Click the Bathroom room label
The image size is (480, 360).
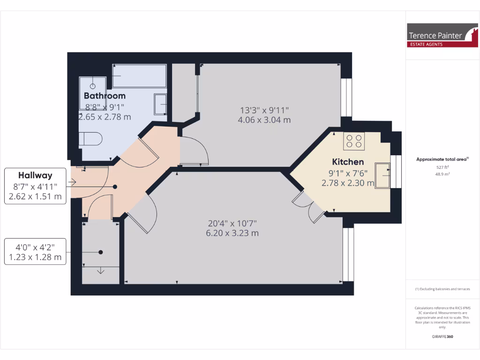pyautogui.click(x=105, y=96)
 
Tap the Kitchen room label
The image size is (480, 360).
pyautogui.click(x=348, y=162)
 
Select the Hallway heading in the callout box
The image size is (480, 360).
pyautogui.click(x=35, y=175)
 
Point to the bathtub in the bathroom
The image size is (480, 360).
pyautogui.click(x=139, y=76)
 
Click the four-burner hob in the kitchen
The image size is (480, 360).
pyautogui.click(x=354, y=141)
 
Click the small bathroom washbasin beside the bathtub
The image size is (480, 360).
pyautogui.click(x=160, y=104)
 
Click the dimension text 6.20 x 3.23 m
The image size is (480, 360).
pyautogui.click(x=232, y=233)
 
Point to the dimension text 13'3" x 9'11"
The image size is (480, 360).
pyautogui.click(x=264, y=111)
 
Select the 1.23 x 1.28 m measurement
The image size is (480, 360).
pyautogui.click(x=35, y=257)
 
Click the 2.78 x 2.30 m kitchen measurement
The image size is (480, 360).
pyautogui.click(x=348, y=183)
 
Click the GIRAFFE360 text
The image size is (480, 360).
pyautogui.click(x=442, y=337)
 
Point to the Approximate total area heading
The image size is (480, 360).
pyautogui.click(x=442, y=159)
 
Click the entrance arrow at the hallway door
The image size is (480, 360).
pyautogui.click(x=74, y=182)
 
